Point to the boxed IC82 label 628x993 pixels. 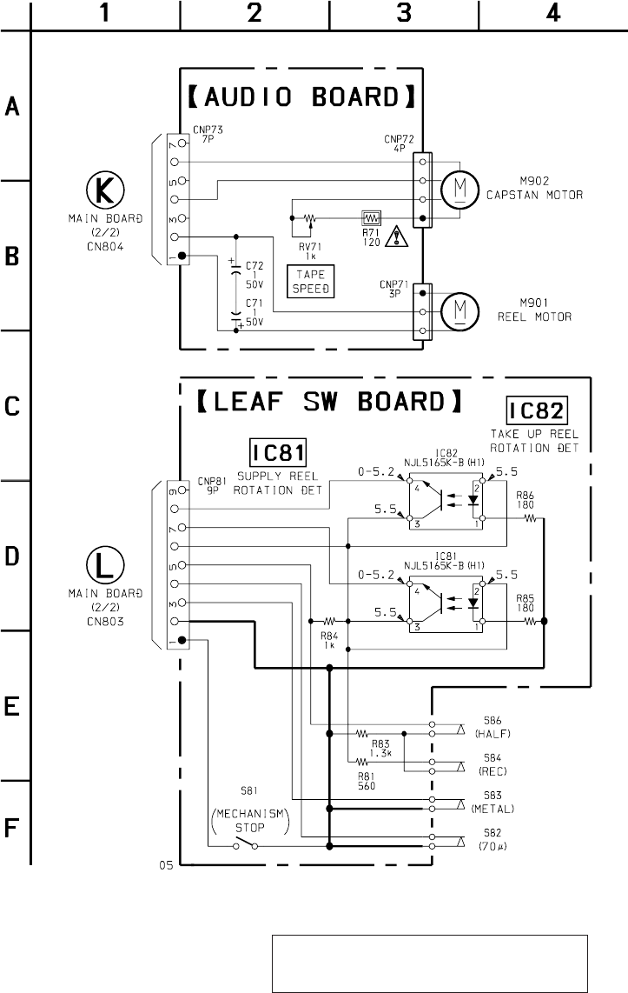(537, 410)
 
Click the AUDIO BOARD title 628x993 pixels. (301, 97)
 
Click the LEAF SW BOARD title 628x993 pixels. (327, 402)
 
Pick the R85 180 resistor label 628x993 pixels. (525, 603)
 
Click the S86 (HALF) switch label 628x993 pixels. (497, 728)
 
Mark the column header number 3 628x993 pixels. (404, 13)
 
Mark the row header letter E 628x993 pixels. (13, 706)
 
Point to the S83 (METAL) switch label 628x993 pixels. (497, 802)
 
